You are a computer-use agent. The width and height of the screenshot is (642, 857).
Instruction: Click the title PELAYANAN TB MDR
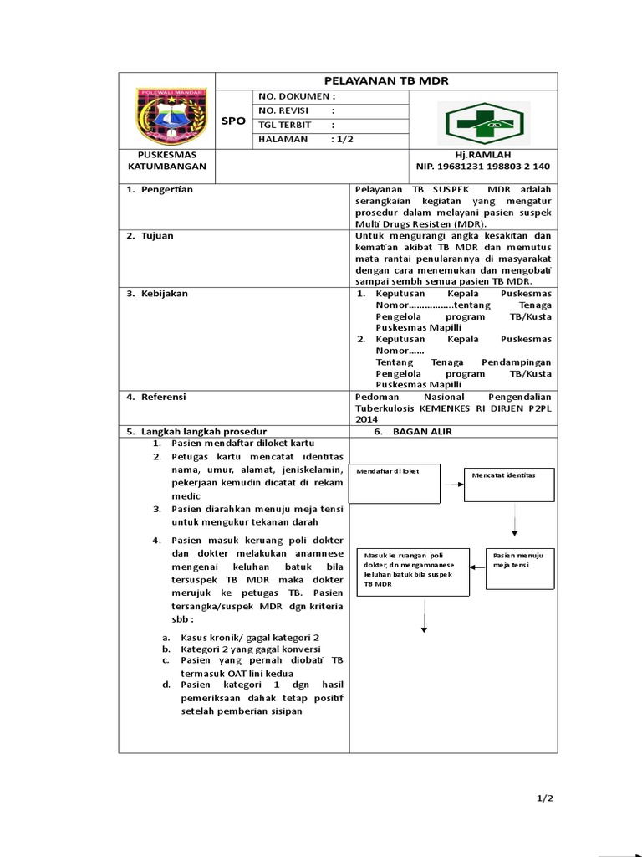[x=387, y=80]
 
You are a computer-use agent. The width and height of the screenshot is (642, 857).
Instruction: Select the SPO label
[x=234, y=121]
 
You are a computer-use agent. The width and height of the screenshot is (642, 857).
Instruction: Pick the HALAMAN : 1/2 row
[x=307, y=140]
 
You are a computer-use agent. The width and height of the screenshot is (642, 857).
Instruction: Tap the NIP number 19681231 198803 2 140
[x=483, y=167]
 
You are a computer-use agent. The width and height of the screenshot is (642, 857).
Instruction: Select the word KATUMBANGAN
[x=166, y=167]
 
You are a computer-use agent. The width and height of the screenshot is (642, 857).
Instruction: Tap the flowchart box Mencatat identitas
[x=508, y=483]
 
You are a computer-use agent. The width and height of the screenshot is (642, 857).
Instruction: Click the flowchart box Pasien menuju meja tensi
[x=518, y=569]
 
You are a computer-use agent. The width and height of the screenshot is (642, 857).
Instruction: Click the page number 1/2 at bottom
[x=545, y=798]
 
